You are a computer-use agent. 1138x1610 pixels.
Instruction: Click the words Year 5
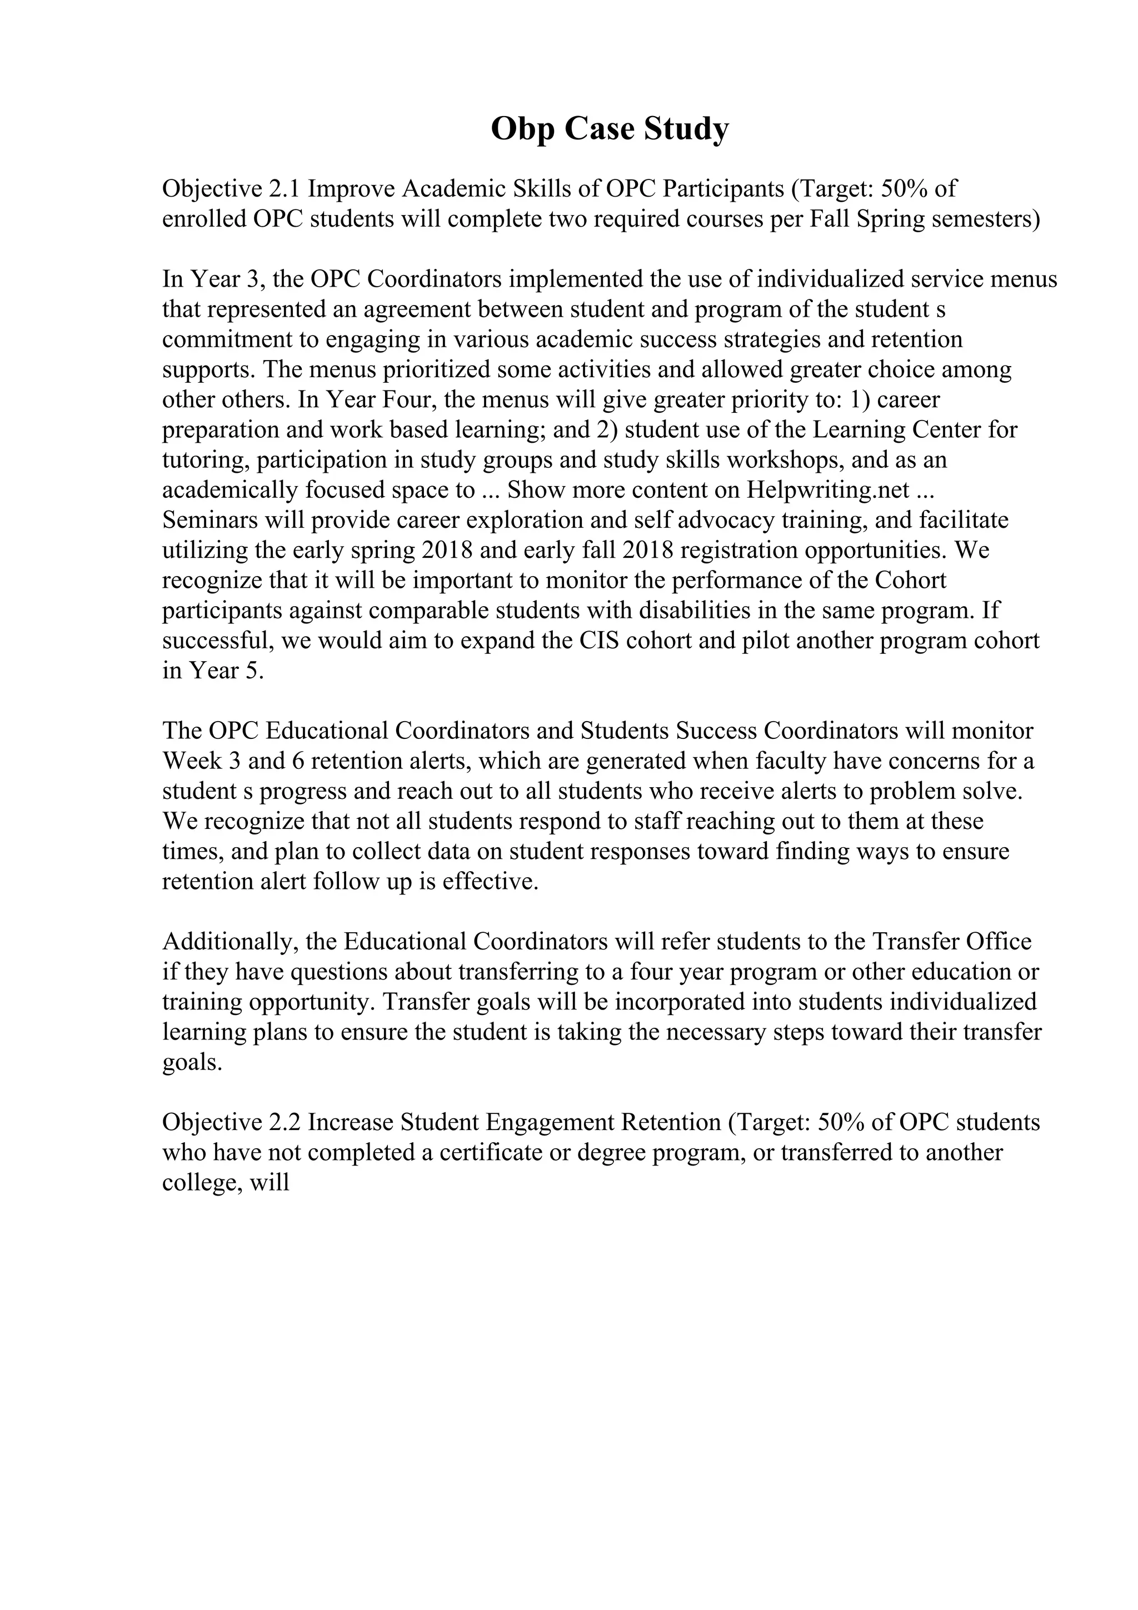pyautogui.click(x=224, y=671)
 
